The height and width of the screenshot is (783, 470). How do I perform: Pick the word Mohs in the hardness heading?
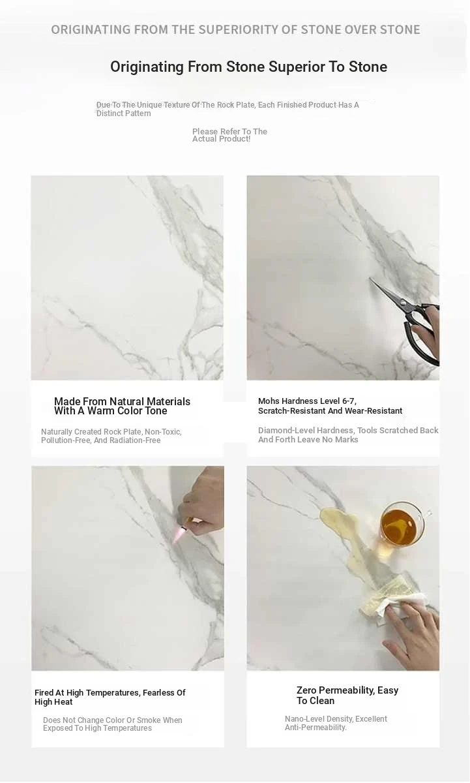click(269, 401)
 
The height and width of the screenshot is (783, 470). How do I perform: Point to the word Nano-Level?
click(302, 719)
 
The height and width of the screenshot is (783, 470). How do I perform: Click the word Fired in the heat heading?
click(44, 693)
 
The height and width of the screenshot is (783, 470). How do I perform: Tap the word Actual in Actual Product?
click(204, 139)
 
